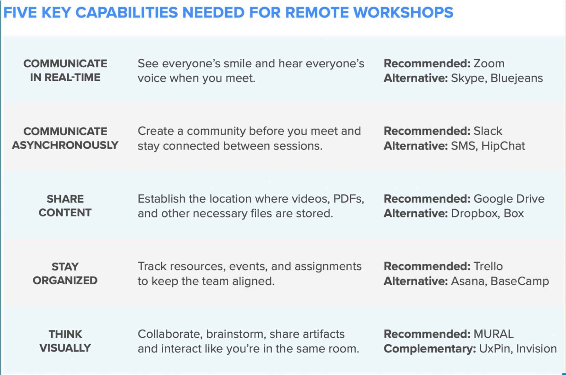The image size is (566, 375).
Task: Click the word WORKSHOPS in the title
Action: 403,12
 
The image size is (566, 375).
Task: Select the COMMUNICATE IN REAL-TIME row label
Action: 65,70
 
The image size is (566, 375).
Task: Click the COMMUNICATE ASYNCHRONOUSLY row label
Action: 65,138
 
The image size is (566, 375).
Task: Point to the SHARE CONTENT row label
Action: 65,206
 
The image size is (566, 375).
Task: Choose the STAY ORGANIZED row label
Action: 65,273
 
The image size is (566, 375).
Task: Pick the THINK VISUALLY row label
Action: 65,341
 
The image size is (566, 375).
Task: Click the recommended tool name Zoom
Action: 489,64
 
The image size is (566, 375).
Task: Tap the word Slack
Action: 488,131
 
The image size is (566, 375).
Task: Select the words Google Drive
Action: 509,199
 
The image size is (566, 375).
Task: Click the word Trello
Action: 488,266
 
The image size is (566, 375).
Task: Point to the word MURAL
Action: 494,334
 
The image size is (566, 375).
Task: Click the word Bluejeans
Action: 517,78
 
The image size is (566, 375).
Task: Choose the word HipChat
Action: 503,146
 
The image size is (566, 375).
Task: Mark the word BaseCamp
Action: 520,281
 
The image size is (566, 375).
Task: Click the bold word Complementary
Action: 430,349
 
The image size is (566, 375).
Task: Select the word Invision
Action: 537,349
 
